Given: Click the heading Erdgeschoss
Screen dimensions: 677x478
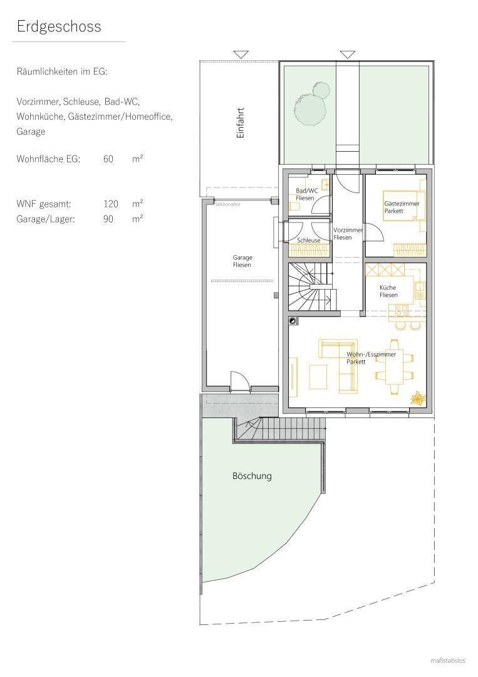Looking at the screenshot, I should pyautogui.click(x=59, y=27).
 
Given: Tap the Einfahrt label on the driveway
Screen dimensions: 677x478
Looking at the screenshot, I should pyautogui.click(x=240, y=122).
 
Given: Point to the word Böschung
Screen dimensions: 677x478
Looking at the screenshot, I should pyautogui.click(x=252, y=476).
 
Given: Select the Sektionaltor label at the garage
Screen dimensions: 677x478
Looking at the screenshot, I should pyautogui.click(x=227, y=204).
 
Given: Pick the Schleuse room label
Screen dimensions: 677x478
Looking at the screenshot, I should pyautogui.click(x=308, y=240).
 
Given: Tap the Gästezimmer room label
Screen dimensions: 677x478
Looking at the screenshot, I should pyautogui.click(x=402, y=207).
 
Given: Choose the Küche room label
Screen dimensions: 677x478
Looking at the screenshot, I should pyautogui.click(x=388, y=291).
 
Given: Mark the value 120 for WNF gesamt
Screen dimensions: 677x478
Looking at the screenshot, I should pyautogui.click(x=111, y=204).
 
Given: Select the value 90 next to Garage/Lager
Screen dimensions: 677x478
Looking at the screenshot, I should pyautogui.click(x=108, y=219).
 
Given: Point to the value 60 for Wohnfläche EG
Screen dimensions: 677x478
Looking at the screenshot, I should pyautogui.click(x=108, y=159).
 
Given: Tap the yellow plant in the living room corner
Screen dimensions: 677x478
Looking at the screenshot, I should pyautogui.click(x=417, y=398).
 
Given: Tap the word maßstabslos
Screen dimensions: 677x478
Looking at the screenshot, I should pyautogui.click(x=448, y=660).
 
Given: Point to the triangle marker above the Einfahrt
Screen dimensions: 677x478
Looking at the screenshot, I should pyautogui.click(x=241, y=55).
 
